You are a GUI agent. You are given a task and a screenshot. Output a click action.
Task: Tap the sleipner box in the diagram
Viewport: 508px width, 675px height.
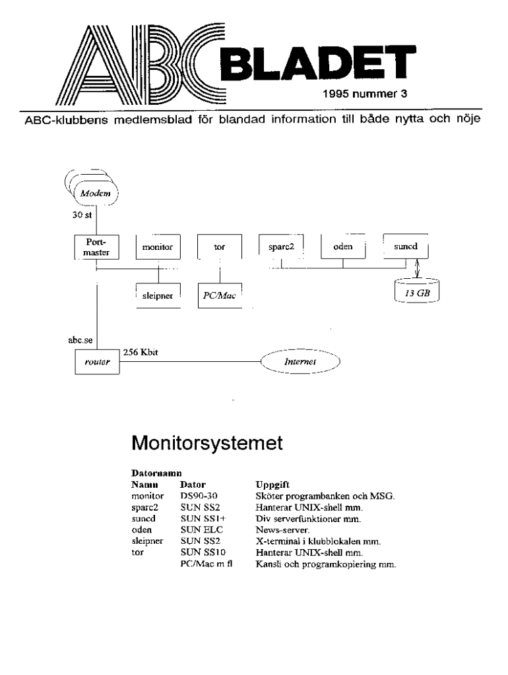pos(157,296)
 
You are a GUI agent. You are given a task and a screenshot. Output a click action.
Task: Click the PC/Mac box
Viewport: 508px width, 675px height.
pos(218,296)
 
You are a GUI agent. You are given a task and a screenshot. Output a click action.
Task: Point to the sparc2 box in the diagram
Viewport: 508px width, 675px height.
pos(280,247)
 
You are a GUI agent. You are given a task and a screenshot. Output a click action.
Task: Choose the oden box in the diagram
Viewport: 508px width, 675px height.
pos(343,247)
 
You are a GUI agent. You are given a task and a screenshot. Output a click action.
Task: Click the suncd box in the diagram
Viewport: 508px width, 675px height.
pos(405,247)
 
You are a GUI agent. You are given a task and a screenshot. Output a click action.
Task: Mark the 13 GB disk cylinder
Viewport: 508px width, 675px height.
pos(416,290)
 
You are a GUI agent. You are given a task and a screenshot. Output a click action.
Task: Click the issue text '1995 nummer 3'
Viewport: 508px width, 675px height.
pos(365,94)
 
